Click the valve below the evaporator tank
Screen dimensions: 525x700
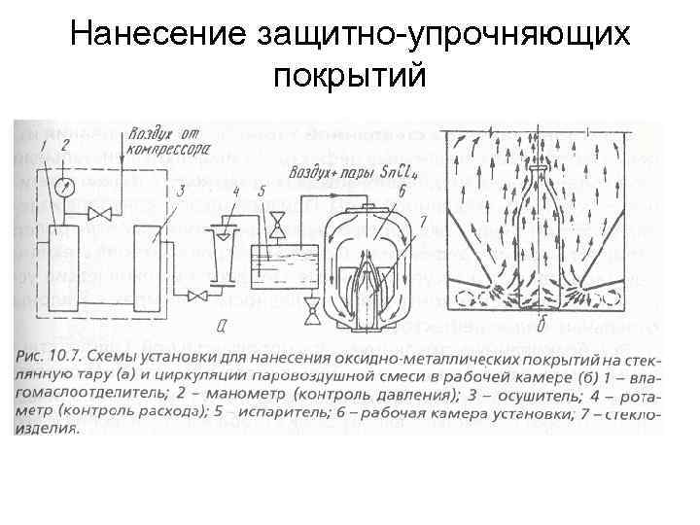pos(313,310)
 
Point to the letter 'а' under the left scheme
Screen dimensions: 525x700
pos(224,324)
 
